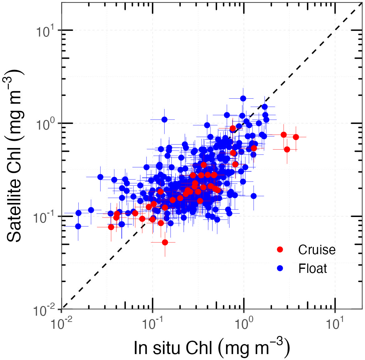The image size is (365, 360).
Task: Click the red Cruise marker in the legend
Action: [280, 249]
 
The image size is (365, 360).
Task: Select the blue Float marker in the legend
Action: [280, 268]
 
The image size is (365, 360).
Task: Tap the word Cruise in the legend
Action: [317, 249]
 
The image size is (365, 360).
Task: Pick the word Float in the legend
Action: [313, 269]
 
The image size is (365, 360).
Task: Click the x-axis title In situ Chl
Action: [211, 347]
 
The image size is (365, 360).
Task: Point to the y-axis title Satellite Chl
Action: [14, 156]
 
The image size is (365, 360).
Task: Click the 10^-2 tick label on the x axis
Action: [61, 325]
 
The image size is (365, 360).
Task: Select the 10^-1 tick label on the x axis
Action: [152, 325]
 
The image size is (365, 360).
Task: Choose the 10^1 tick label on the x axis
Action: [334, 325]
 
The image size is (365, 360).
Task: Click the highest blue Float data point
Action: [243, 98]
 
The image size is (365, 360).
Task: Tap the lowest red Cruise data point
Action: [165, 242]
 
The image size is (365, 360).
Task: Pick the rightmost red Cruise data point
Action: [296, 137]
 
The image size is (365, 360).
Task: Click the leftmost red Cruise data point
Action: [111, 227]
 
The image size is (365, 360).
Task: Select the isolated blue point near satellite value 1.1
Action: [164, 119]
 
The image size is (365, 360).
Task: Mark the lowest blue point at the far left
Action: [78, 226]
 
